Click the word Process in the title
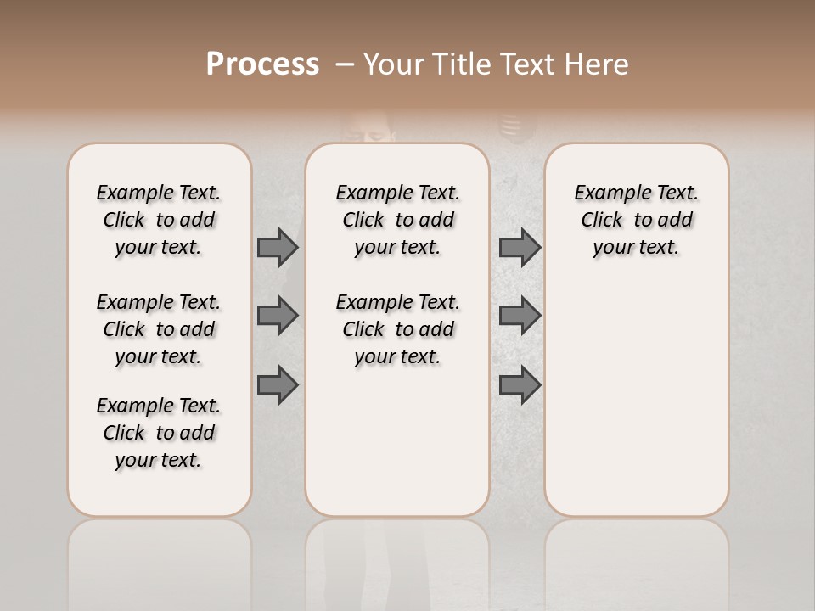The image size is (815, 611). coord(262,64)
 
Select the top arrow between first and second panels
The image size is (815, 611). coord(278,247)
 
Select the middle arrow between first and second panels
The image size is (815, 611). coord(278,316)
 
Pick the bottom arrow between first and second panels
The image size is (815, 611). coord(278,386)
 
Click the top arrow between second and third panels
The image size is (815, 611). coord(520,247)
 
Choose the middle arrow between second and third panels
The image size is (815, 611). coord(520,316)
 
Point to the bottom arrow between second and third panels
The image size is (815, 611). coord(520,386)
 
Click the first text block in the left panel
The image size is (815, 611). coord(159,220)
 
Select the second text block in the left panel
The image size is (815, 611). coord(159,329)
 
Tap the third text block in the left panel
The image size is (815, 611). coord(159,433)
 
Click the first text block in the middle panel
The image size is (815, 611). coord(397,220)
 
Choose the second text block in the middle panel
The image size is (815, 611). coord(397,329)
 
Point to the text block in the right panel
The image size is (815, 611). coord(636,220)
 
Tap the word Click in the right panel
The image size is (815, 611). coord(602,221)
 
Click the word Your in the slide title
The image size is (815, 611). coord(392,64)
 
